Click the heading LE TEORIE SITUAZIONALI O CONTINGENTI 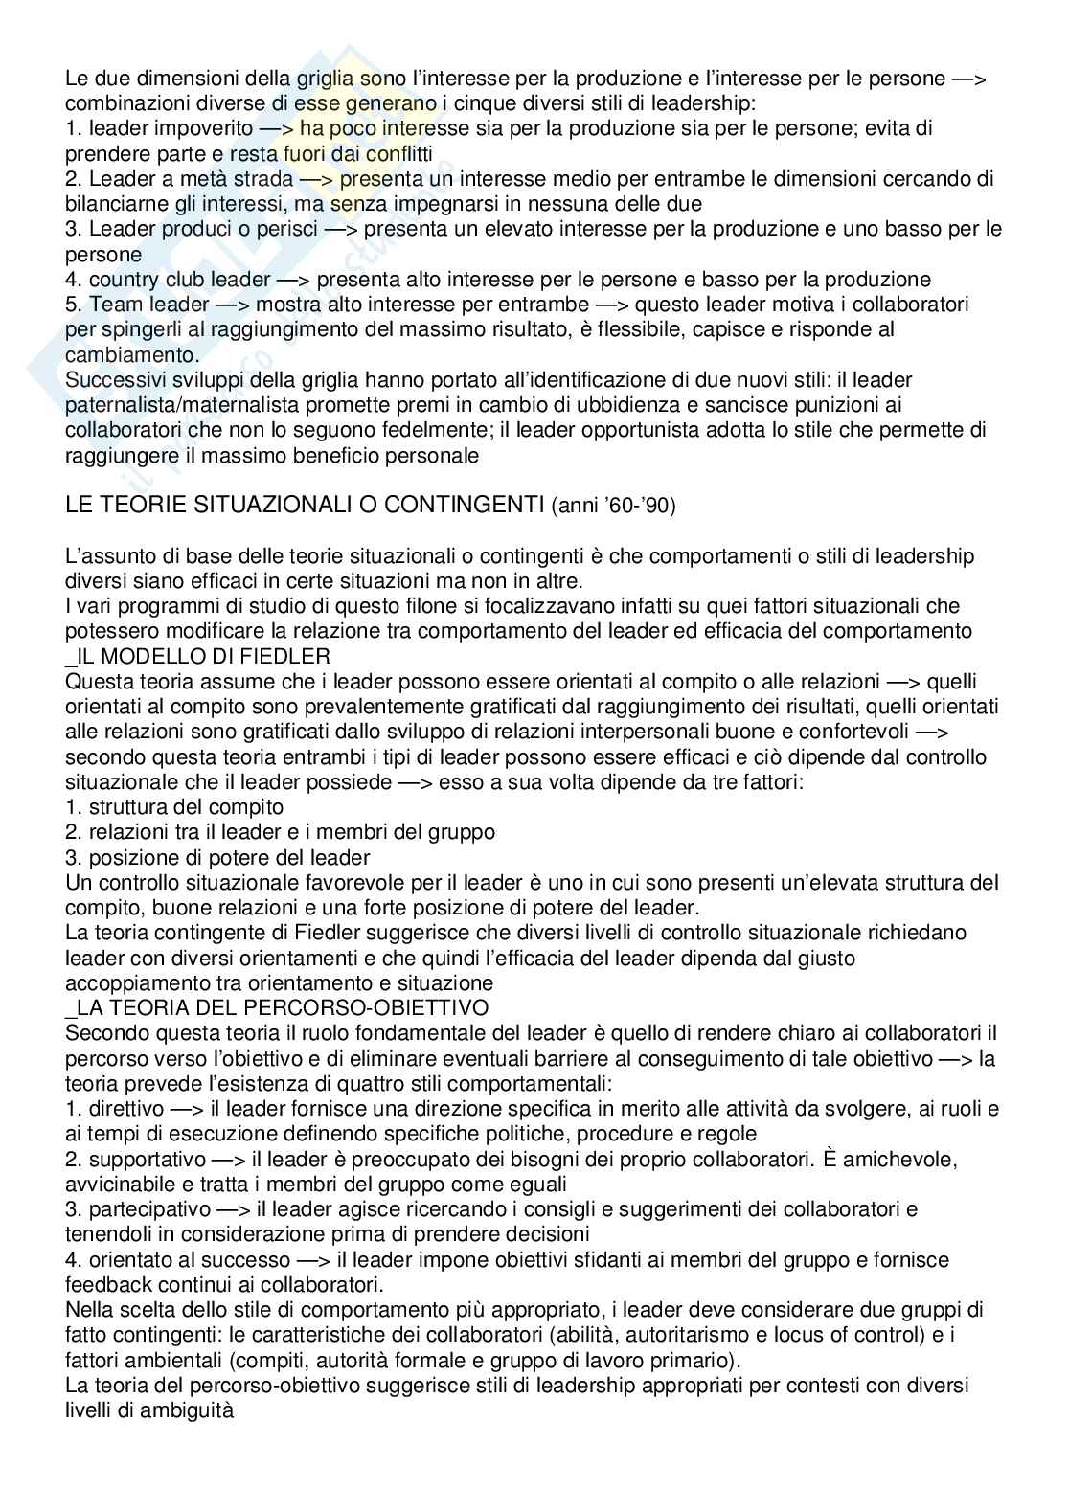[305, 506]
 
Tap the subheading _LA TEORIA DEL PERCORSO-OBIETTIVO [277, 1007]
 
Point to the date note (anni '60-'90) [614, 506]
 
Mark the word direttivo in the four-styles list [124, 1108]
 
